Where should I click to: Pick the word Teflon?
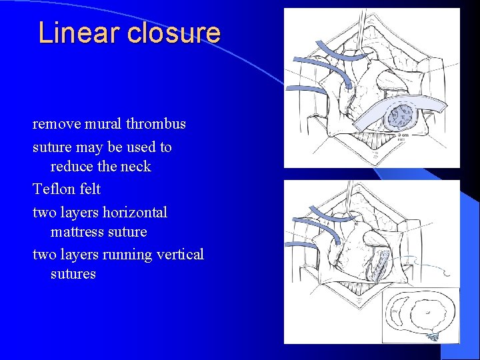(x=53, y=189)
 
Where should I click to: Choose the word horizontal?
(x=135, y=213)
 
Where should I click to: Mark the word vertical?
(x=179, y=255)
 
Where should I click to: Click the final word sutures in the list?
(x=73, y=274)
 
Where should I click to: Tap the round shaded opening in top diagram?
(x=402, y=116)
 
